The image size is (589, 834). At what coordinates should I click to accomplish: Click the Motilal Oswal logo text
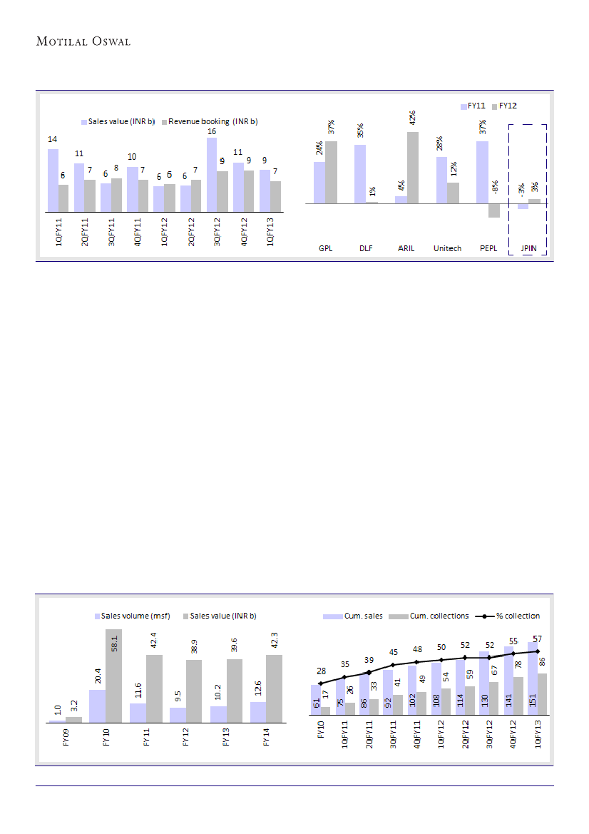pyautogui.click(x=83, y=41)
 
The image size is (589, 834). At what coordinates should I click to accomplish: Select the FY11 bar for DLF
pyautogui.click(x=359, y=174)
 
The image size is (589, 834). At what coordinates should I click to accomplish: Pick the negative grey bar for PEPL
pyautogui.click(x=493, y=210)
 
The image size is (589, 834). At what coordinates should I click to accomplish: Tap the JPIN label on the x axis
pyautogui.click(x=528, y=248)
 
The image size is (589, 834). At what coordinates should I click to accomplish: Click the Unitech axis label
pyautogui.click(x=447, y=248)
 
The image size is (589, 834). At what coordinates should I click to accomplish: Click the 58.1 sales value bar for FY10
pyautogui.click(x=114, y=675)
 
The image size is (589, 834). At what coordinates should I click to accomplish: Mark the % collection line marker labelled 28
pyautogui.click(x=320, y=683)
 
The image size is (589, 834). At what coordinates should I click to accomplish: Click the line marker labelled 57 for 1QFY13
pyautogui.click(x=538, y=651)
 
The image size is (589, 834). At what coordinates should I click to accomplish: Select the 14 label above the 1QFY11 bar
pyautogui.click(x=53, y=140)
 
